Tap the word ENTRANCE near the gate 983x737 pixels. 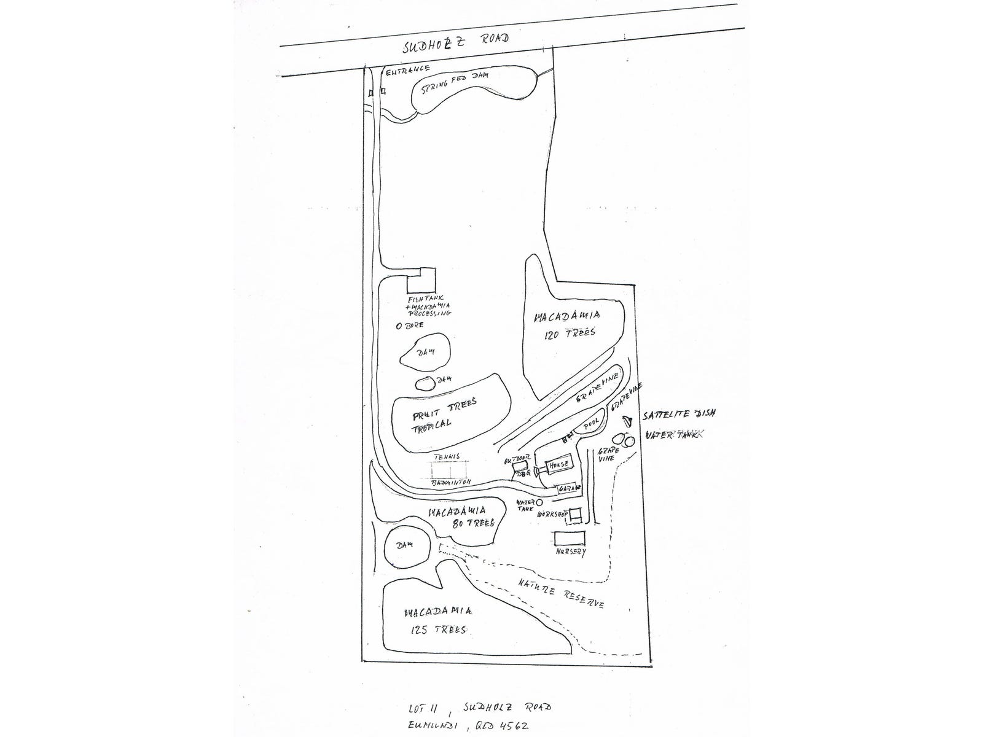(407, 70)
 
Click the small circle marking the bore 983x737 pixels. (399, 326)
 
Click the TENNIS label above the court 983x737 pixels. (447, 457)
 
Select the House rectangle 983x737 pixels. (558, 464)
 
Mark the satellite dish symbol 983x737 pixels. (628, 420)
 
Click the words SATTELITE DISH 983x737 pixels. (679, 414)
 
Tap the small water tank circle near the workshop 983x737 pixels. (539, 502)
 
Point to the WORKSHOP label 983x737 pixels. (552, 513)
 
